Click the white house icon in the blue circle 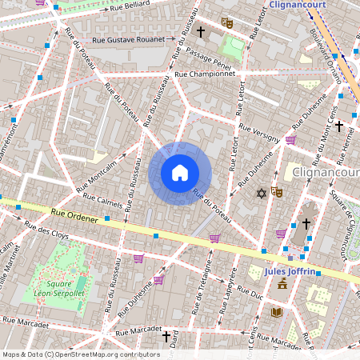pyautogui.click(x=180, y=172)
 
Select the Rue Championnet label pyautogui.click(x=206, y=74)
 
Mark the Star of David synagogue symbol pyautogui.click(x=261, y=193)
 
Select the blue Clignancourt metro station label pyautogui.click(x=301, y=4)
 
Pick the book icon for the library pyautogui.click(x=277, y=312)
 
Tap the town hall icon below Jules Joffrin pyautogui.click(x=282, y=284)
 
